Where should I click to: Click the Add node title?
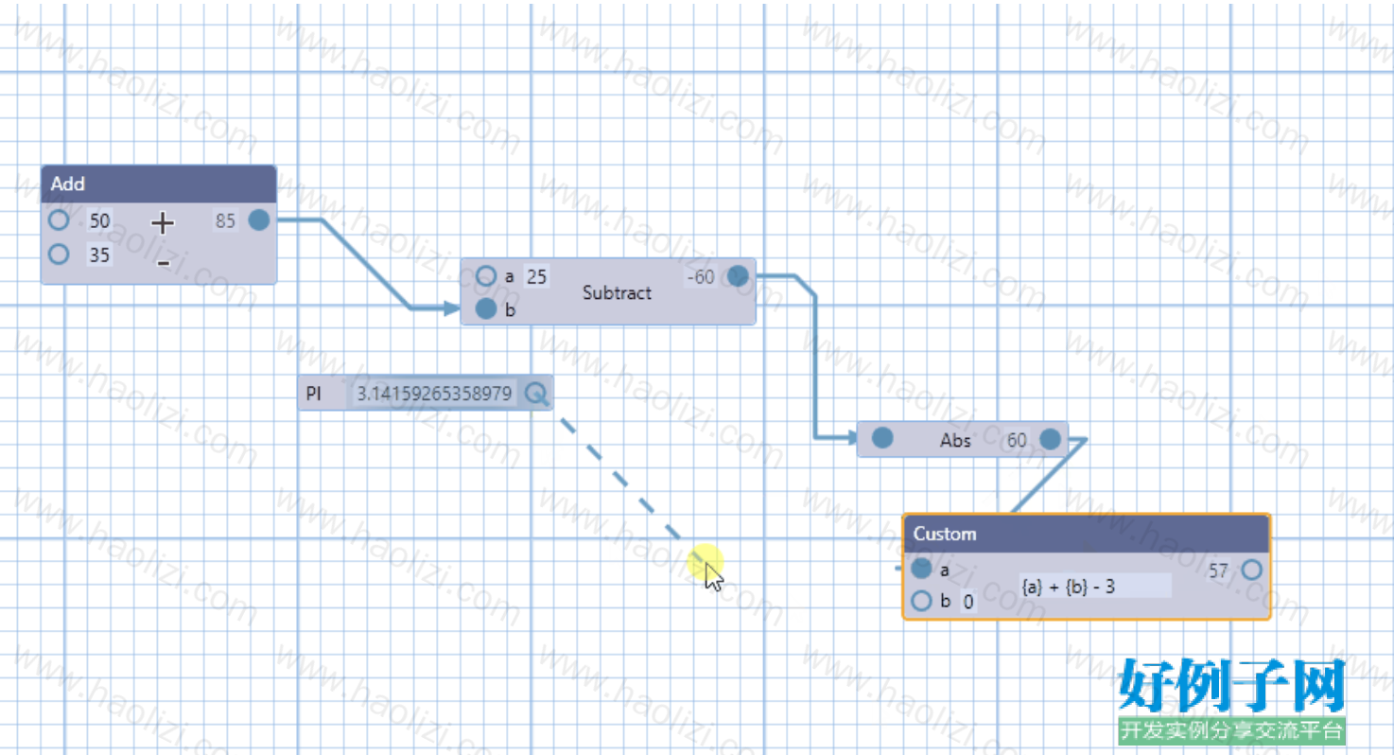pyautogui.click(x=68, y=184)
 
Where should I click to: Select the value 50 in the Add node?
pyautogui.click(x=99, y=221)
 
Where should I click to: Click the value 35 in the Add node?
pyautogui.click(x=99, y=255)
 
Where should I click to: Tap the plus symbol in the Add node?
pyautogui.click(x=163, y=223)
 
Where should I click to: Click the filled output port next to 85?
pyautogui.click(x=259, y=219)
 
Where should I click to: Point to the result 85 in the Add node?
pyautogui.click(x=225, y=221)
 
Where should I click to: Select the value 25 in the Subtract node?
pyautogui.click(x=536, y=277)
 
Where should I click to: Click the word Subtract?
pyautogui.click(x=617, y=292)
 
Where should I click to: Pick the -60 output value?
pyautogui.click(x=701, y=277)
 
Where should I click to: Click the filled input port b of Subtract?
pyautogui.click(x=486, y=308)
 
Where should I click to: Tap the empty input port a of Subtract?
pyautogui.click(x=486, y=275)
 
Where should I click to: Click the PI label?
pyautogui.click(x=314, y=394)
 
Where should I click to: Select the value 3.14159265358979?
pyautogui.click(x=434, y=394)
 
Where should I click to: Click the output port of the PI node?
pyautogui.click(x=536, y=393)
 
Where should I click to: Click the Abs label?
pyautogui.click(x=955, y=441)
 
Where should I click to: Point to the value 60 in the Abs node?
pyautogui.click(x=1017, y=441)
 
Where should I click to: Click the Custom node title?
pyautogui.click(x=945, y=534)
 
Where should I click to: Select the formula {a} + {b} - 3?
pyautogui.click(x=1069, y=587)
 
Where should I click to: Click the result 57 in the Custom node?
pyautogui.click(x=1218, y=571)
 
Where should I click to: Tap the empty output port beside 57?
pyautogui.click(x=1252, y=570)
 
